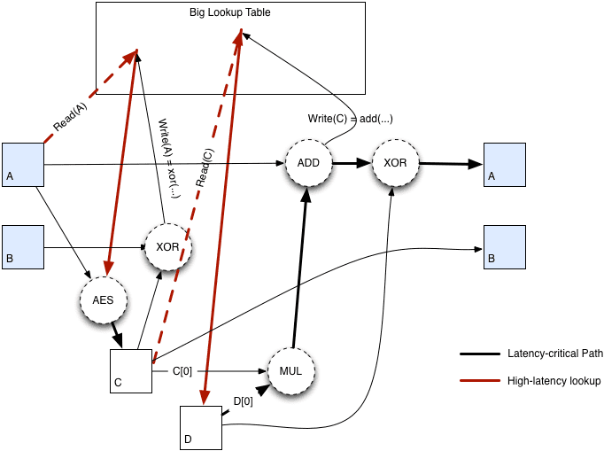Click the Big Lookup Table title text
(x=229, y=13)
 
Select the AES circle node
(x=103, y=300)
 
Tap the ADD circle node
(x=308, y=164)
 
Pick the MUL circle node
(x=290, y=370)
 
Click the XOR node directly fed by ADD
(x=394, y=164)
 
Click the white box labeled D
(x=200, y=427)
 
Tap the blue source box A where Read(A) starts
(x=23, y=164)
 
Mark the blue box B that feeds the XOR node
(x=23, y=247)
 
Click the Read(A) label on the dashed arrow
(x=71, y=120)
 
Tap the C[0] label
(x=182, y=371)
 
